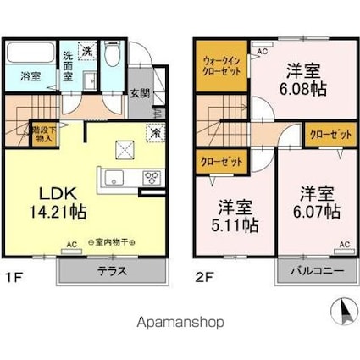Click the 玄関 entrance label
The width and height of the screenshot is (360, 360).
tap(140, 94)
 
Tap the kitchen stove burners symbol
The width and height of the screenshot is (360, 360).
tap(152, 178)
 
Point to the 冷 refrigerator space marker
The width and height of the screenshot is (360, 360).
tap(155, 131)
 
